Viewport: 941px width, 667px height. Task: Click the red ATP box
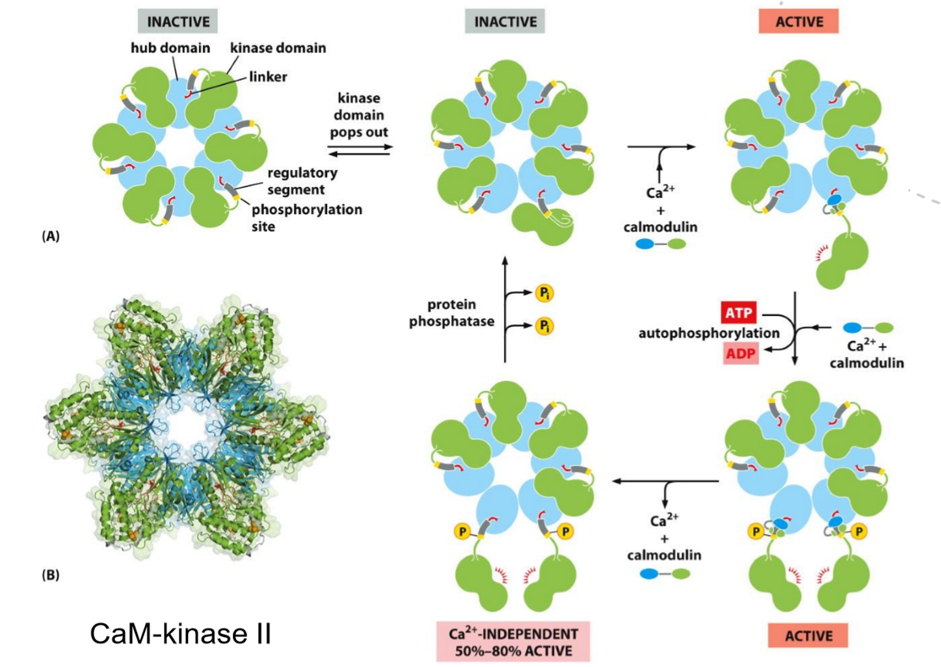point(739,313)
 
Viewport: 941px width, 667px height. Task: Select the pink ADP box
point(741,354)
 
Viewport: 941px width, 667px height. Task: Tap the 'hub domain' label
point(170,48)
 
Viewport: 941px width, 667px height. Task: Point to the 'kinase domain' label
point(278,48)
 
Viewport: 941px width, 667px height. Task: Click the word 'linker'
point(268,77)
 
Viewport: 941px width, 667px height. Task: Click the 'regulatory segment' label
point(302,181)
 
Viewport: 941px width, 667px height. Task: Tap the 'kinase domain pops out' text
point(359,115)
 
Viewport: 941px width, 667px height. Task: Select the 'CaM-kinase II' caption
point(180,634)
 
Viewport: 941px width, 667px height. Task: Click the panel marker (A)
point(51,236)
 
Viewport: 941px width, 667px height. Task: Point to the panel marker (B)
point(51,575)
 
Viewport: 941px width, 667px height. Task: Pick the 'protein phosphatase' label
point(451,313)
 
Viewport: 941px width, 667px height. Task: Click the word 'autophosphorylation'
point(708,333)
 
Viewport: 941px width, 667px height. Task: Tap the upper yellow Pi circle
point(544,293)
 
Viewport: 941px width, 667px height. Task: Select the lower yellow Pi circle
point(544,326)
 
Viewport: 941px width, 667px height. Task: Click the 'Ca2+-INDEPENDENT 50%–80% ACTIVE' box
point(513,642)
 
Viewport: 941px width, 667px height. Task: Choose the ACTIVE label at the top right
point(799,21)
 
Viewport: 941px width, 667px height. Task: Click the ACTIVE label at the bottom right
point(808,636)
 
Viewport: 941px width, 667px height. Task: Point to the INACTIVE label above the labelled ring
point(178,21)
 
